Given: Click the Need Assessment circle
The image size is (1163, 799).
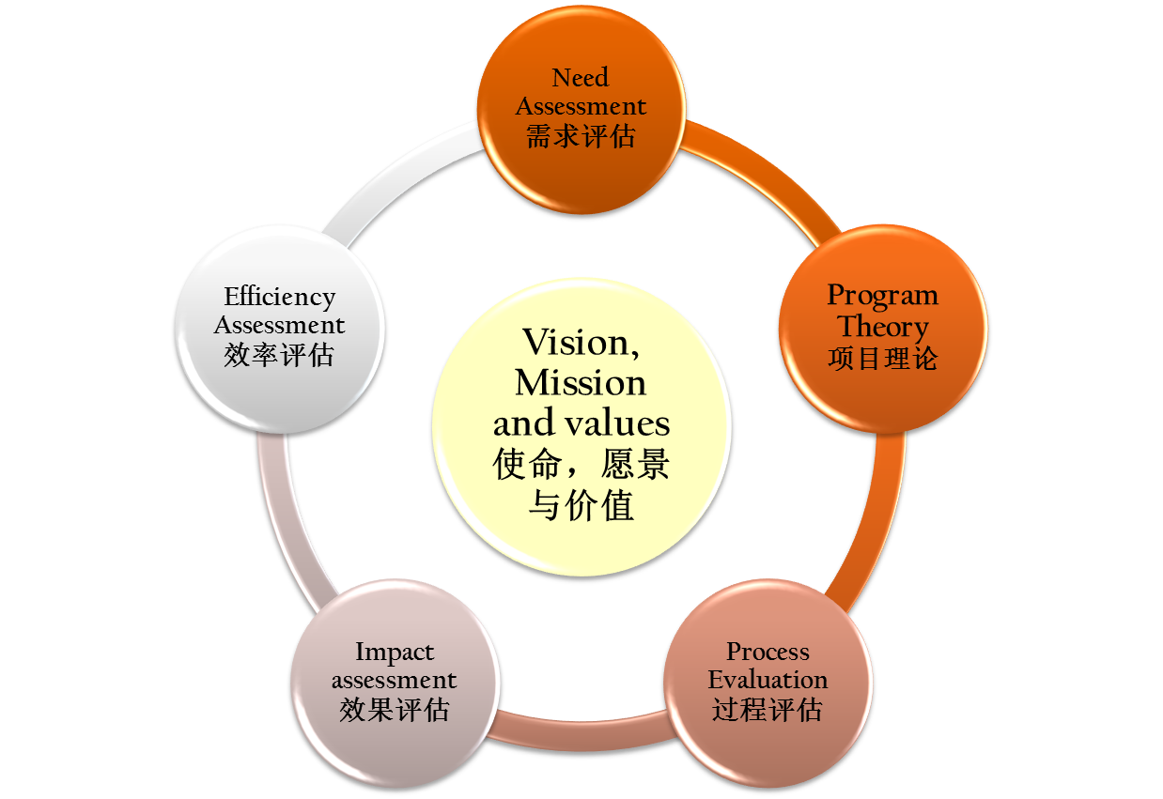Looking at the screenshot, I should pyautogui.click(x=581, y=107).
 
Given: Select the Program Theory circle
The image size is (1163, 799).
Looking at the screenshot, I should pyautogui.click(x=883, y=326).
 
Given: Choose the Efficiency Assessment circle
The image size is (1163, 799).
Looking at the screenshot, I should pyautogui.click(x=280, y=328).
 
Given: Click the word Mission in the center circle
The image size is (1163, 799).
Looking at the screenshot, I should pyautogui.click(x=581, y=383).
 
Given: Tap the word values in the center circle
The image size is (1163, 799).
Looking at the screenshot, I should pyautogui.click(x=621, y=423).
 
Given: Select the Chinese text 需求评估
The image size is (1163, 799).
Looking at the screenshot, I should pyautogui.click(x=581, y=136).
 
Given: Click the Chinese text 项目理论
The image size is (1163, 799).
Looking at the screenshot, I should pyautogui.click(x=883, y=358).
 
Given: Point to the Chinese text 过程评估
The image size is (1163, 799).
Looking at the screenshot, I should pyautogui.click(x=768, y=709).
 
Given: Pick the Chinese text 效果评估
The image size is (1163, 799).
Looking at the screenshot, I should pyautogui.click(x=394, y=709).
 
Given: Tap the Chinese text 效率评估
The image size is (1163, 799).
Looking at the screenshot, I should pyautogui.click(x=280, y=356).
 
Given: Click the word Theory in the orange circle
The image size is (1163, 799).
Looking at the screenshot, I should pyautogui.click(x=883, y=327).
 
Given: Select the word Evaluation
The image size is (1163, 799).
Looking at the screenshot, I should pyautogui.click(x=768, y=679).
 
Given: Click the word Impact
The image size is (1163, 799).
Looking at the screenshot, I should pyautogui.click(x=394, y=652).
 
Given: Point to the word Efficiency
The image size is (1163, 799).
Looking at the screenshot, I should pyautogui.click(x=280, y=297).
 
